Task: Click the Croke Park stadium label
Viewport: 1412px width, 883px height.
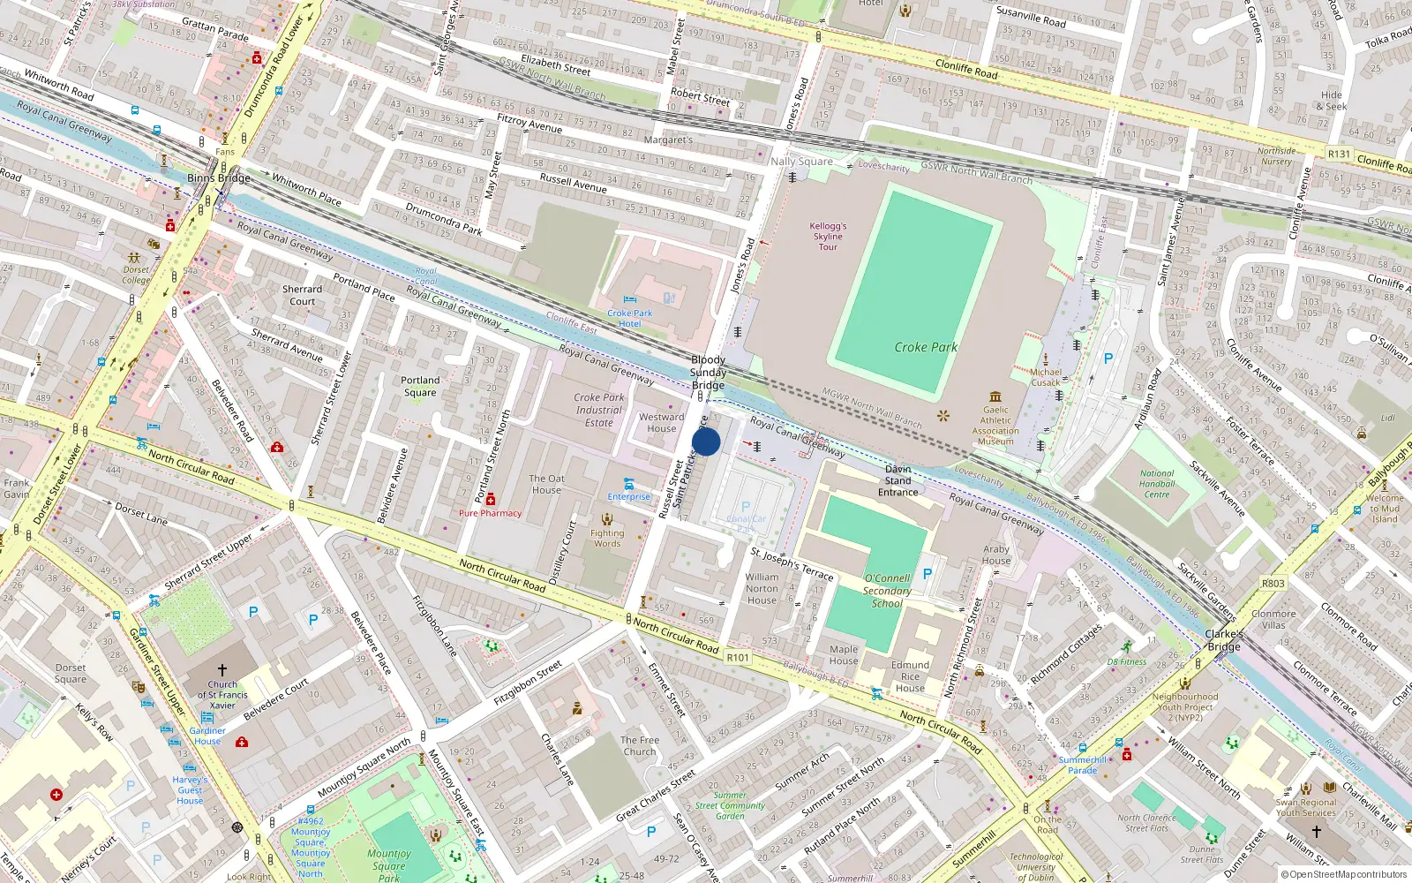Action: (x=925, y=347)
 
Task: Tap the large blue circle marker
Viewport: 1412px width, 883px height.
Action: (x=706, y=441)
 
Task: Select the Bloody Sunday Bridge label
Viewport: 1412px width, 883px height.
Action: (x=708, y=372)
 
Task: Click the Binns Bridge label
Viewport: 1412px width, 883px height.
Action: (x=219, y=177)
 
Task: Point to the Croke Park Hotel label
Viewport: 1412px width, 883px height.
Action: (x=629, y=318)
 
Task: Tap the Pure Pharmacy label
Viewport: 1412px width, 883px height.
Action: (x=490, y=513)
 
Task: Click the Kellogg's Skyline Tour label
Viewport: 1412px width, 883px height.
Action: (x=828, y=236)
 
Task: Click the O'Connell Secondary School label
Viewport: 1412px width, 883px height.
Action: (x=887, y=591)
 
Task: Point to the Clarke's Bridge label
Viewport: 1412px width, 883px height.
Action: (x=1224, y=640)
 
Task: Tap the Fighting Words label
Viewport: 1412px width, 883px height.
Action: (x=607, y=538)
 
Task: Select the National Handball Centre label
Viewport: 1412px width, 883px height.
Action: (x=1156, y=483)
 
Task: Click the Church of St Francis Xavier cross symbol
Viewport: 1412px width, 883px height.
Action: (x=222, y=670)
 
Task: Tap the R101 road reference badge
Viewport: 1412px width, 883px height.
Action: (x=738, y=657)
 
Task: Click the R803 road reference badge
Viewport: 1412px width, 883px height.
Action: (x=1273, y=583)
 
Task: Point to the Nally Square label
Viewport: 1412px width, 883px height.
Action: (x=801, y=161)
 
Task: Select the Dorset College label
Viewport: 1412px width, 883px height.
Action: (x=136, y=275)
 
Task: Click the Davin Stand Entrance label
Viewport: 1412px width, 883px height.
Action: (x=898, y=480)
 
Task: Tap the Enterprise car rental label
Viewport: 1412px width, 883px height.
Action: (x=628, y=496)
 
